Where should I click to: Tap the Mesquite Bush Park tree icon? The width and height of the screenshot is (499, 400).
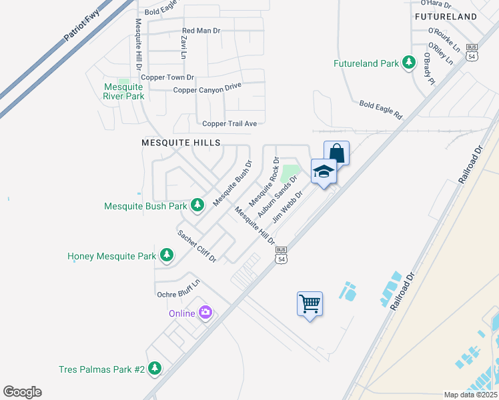pos(197,206)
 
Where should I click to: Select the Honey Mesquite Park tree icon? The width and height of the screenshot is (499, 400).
pos(166,255)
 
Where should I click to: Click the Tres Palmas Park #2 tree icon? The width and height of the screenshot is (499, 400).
pos(155,369)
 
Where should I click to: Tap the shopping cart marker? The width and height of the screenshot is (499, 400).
pos(310,304)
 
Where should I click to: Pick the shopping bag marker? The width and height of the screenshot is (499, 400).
pos(336,153)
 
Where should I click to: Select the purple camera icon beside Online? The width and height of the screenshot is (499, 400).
pos(205,313)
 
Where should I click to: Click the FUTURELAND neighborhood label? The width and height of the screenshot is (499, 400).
pos(446,16)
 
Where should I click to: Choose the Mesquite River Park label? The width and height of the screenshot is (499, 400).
pos(123,91)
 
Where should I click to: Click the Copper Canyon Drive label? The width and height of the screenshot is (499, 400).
pos(207,89)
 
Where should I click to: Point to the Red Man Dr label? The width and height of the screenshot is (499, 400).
pos(201,31)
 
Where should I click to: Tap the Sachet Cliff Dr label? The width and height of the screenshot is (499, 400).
pos(196,246)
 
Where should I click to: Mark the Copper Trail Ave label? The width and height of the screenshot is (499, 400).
pos(229,123)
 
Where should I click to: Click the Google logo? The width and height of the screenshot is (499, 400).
pos(22,392)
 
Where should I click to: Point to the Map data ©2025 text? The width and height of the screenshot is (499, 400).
pos(470,395)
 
